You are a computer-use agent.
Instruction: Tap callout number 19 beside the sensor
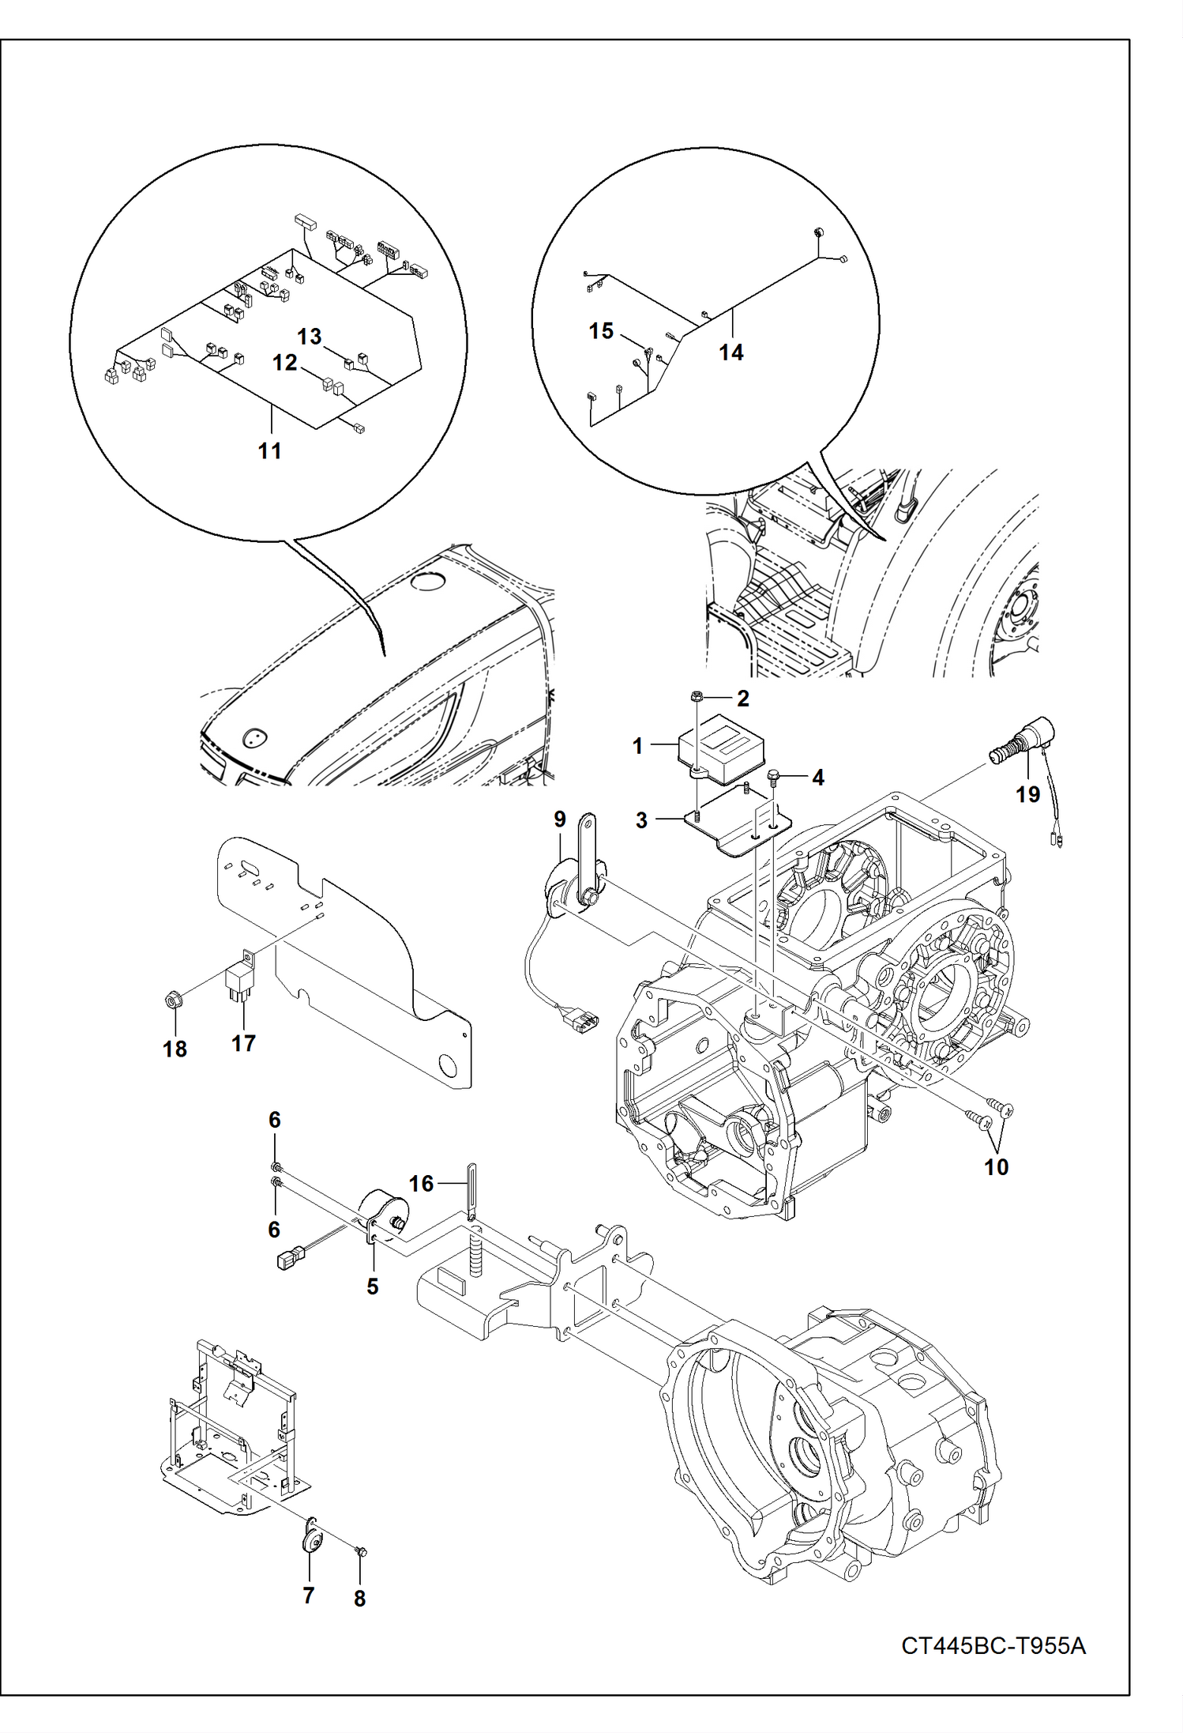1027,793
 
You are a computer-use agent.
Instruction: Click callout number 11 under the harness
270,450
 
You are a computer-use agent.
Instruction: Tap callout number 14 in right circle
730,352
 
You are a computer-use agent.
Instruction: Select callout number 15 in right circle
601,330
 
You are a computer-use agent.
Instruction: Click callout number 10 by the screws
996,1166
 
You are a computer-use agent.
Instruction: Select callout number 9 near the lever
559,819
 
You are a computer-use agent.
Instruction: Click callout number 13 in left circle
309,336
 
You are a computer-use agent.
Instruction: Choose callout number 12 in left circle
284,362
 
